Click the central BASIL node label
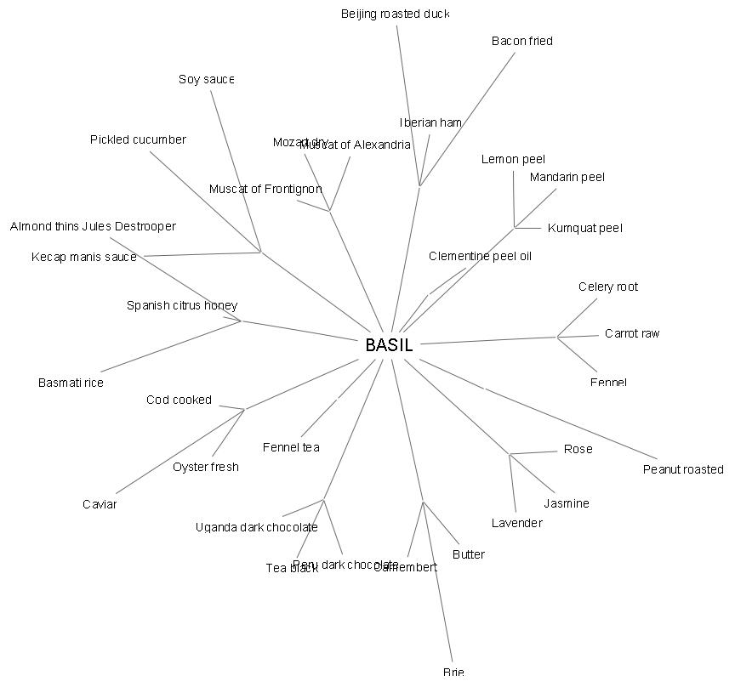click(389, 345)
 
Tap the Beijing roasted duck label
click(396, 14)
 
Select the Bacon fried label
click(521, 41)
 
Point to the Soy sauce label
click(207, 79)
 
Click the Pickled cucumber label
click(138, 139)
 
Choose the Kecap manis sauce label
click(84, 257)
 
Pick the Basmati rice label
click(71, 383)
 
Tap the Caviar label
click(100, 504)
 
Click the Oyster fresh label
click(206, 467)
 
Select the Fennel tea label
click(291, 447)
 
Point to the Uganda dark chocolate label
click(256, 527)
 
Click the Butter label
click(469, 554)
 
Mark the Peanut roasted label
click(683, 469)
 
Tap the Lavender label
click(516, 523)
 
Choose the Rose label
click(578, 449)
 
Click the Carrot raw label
click(632, 333)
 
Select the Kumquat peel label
click(585, 228)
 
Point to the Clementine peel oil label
click(480, 256)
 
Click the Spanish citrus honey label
click(182, 305)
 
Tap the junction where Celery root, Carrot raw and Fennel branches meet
click(558, 338)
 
